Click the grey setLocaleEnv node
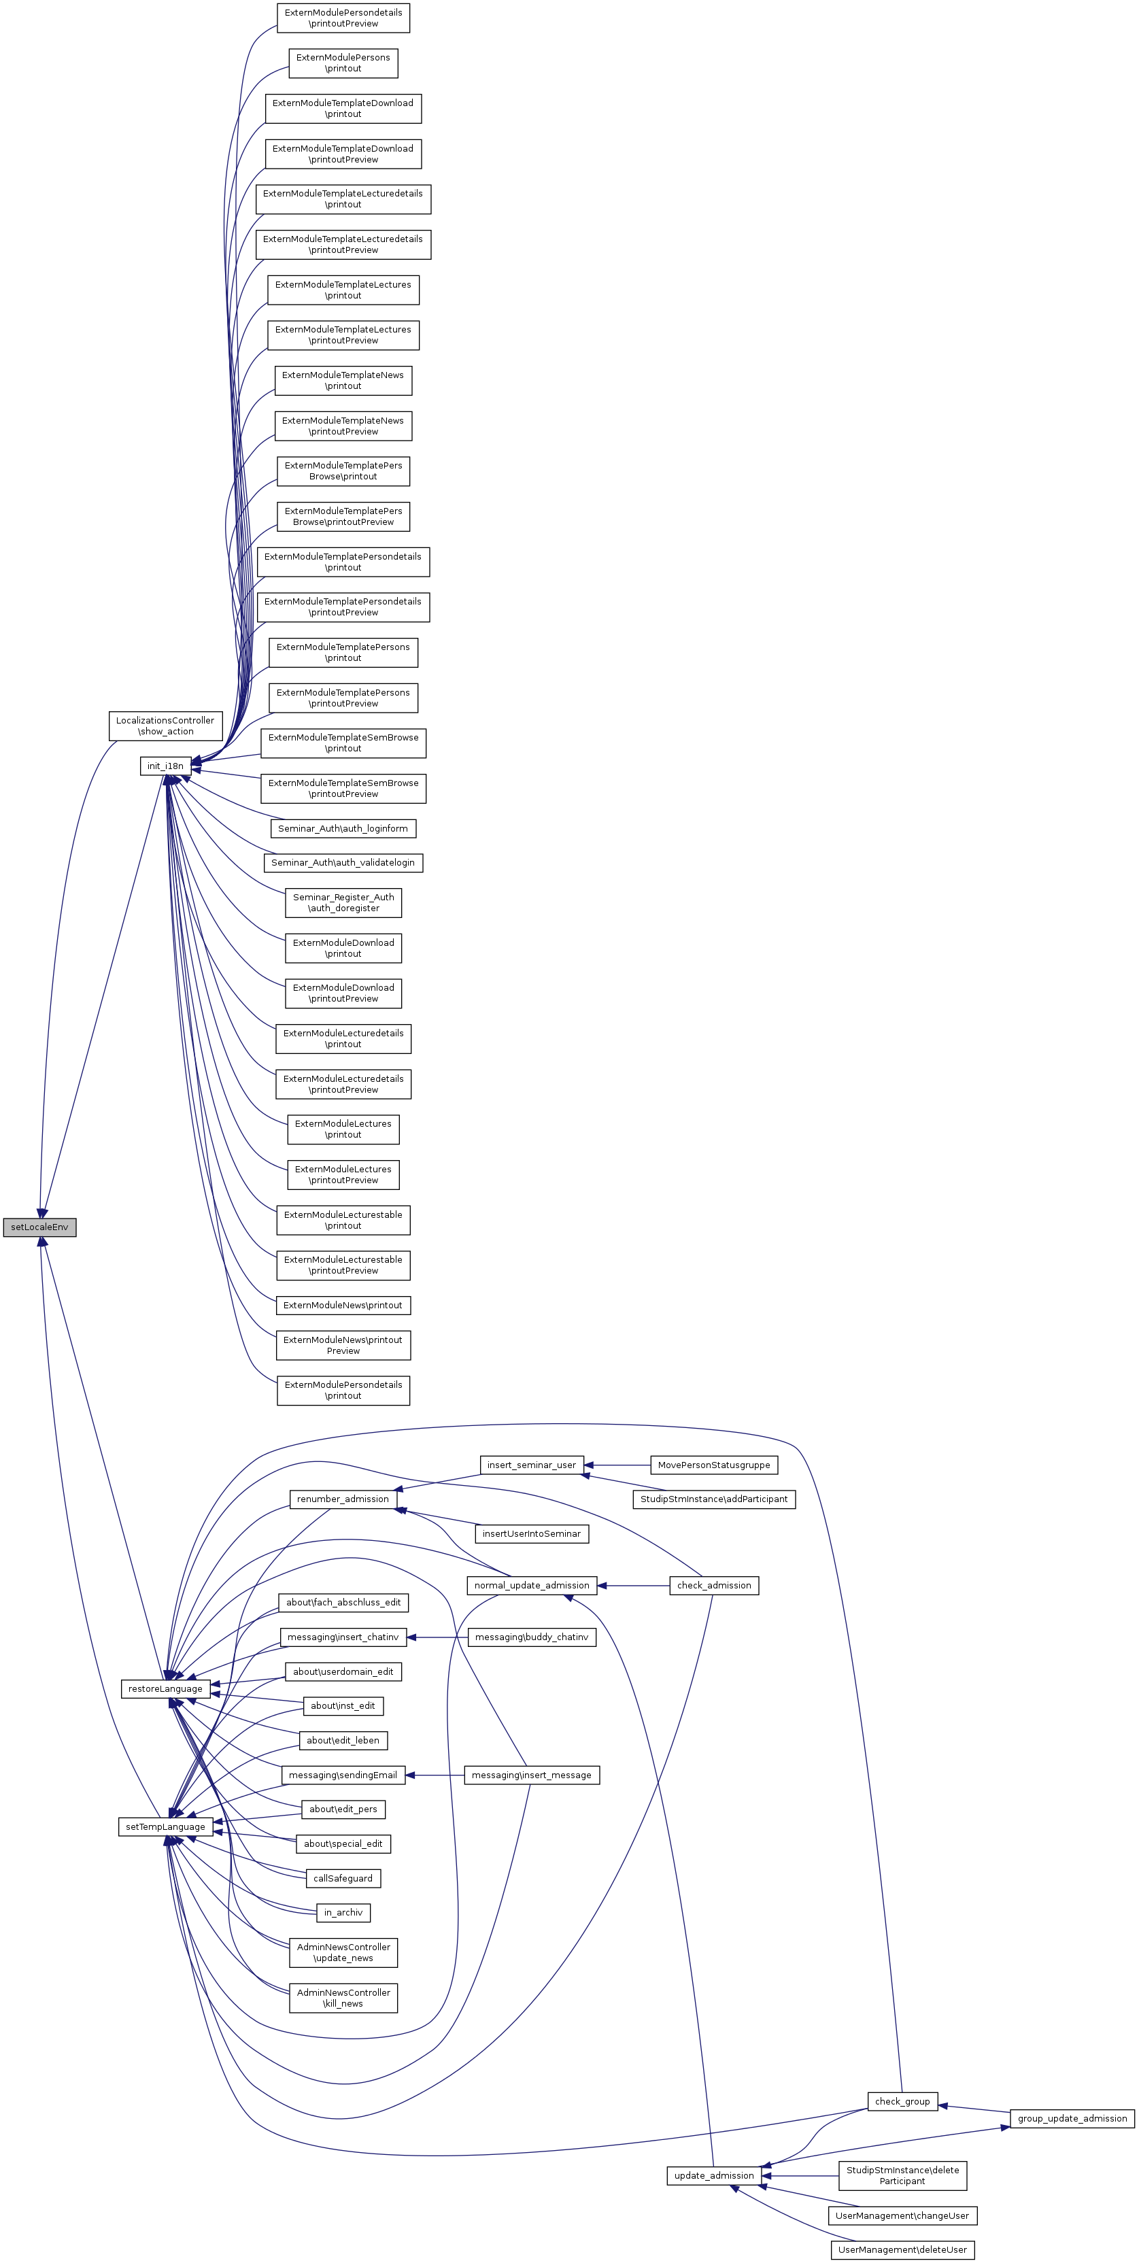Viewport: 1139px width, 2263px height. pos(39,1227)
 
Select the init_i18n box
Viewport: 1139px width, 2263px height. pos(165,766)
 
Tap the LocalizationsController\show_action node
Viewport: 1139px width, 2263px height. pos(165,726)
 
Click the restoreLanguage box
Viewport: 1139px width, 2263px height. pos(165,1688)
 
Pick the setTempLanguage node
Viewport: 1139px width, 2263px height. pos(165,1826)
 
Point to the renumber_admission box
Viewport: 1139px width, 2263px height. pos(343,1499)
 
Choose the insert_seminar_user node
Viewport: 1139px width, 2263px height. pos(531,1465)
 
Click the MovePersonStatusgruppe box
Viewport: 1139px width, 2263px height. pos(713,1465)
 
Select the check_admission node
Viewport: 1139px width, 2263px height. pos(713,1585)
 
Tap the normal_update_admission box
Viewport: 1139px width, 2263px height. pos(531,1585)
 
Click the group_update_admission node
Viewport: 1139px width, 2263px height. pos(1072,2118)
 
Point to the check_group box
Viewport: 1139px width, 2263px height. pos(902,2101)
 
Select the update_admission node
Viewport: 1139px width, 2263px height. pos(713,2175)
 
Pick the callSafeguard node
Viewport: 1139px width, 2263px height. pos(343,1878)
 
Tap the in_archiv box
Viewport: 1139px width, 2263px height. pos(343,1913)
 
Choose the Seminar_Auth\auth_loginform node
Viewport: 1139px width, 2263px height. pos(343,828)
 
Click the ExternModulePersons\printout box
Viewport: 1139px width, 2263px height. pos(343,63)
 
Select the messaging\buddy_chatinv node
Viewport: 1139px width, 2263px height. pos(531,1637)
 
